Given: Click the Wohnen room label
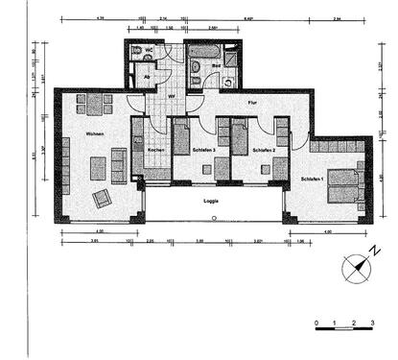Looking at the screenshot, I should pos(94,133).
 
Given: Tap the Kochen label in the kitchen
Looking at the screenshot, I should pos(156,150).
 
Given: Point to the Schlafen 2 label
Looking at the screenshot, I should pos(264,151).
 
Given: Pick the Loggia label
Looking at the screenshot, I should pos(213,202).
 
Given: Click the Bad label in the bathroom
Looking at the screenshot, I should pos(217,66).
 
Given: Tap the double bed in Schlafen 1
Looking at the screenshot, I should pos(343,184).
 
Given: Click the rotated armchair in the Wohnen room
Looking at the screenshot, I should pos(102,199).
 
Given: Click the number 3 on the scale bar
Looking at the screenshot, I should pos(372,323).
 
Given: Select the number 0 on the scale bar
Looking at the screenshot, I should pos(316,323).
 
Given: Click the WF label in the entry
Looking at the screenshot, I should pos(171,96).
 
